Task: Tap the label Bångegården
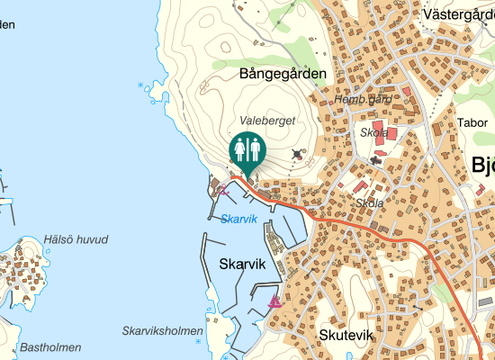click(x=282, y=74)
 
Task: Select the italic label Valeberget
click(x=267, y=120)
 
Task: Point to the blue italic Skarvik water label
click(x=238, y=219)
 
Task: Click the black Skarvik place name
click(x=242, y=265)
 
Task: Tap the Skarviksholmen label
click(x=163, y=331)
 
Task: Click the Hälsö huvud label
click(x=76, y=239)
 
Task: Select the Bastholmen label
click(x=50, y=347)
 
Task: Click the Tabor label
click(x=472, y=123)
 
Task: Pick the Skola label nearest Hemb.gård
click(x=373, y=132)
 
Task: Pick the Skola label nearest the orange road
click(x=369, y=203)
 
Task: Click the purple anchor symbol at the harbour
click(x=224, y=189)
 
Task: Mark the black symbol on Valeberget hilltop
click(x=298, y=155)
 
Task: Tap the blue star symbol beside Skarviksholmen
click(x=198, y=342)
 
